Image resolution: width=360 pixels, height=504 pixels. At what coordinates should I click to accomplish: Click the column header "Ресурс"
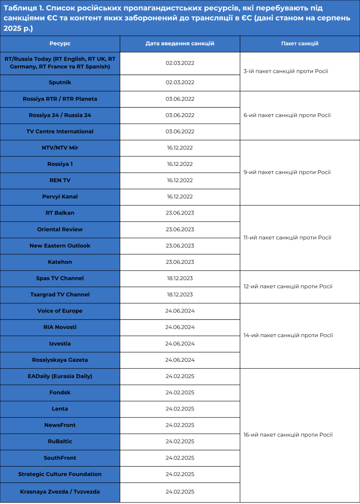pyautogui.click(x=60, y=43)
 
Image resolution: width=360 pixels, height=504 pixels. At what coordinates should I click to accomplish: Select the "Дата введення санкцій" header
pyautogui.click(x=180, y=43)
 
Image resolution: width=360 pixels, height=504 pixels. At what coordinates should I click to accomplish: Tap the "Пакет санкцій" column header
pyautogui.click(x=299, y=43)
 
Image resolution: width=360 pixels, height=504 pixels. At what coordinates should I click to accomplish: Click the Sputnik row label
pyautogui.click(x=60, y=82)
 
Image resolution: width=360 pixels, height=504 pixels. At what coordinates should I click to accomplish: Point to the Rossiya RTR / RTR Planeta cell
pyautogui.click(x=60, y=99)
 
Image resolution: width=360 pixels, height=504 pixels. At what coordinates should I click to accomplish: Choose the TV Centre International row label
pyautogui.click(x=60, y=131)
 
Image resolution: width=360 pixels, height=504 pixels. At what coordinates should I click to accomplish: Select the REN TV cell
pyautogui.click(x=60, y=180)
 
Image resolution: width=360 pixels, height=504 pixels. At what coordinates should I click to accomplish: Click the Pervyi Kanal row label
pyautogui.click(x=60, y=196)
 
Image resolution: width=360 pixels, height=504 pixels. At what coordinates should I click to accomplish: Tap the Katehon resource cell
pyautogui.click(x=60, y=262)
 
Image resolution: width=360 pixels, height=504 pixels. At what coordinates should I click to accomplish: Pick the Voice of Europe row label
pyautogui.click(x=60, y=311)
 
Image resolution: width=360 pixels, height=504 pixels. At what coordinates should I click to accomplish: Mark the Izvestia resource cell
pyautogui.click(x=60, y=344)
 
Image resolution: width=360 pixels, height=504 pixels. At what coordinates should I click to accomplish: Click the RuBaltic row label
pyautogui.click(x=60, y=441)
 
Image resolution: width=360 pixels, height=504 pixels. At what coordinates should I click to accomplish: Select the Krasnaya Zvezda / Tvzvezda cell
pyautogui.click(x=60, y=491)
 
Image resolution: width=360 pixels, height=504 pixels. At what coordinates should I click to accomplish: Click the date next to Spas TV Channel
pyautogui.click(x=180, y=278)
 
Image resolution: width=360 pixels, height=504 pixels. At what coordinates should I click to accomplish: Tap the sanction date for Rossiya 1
pyautogui.click(x=180, y=164)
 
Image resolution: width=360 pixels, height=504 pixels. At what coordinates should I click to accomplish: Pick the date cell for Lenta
pyautogui.click(x=180, y=409)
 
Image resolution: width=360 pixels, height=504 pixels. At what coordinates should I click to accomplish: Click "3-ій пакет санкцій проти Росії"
pyautogui.click(x=286, y=71)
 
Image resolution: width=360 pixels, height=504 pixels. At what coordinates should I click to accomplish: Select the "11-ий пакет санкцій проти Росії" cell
pyautogui.click(x=288, y=237)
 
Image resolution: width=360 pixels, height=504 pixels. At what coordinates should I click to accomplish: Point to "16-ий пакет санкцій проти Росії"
pyautogui.click(x=288, y=435)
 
